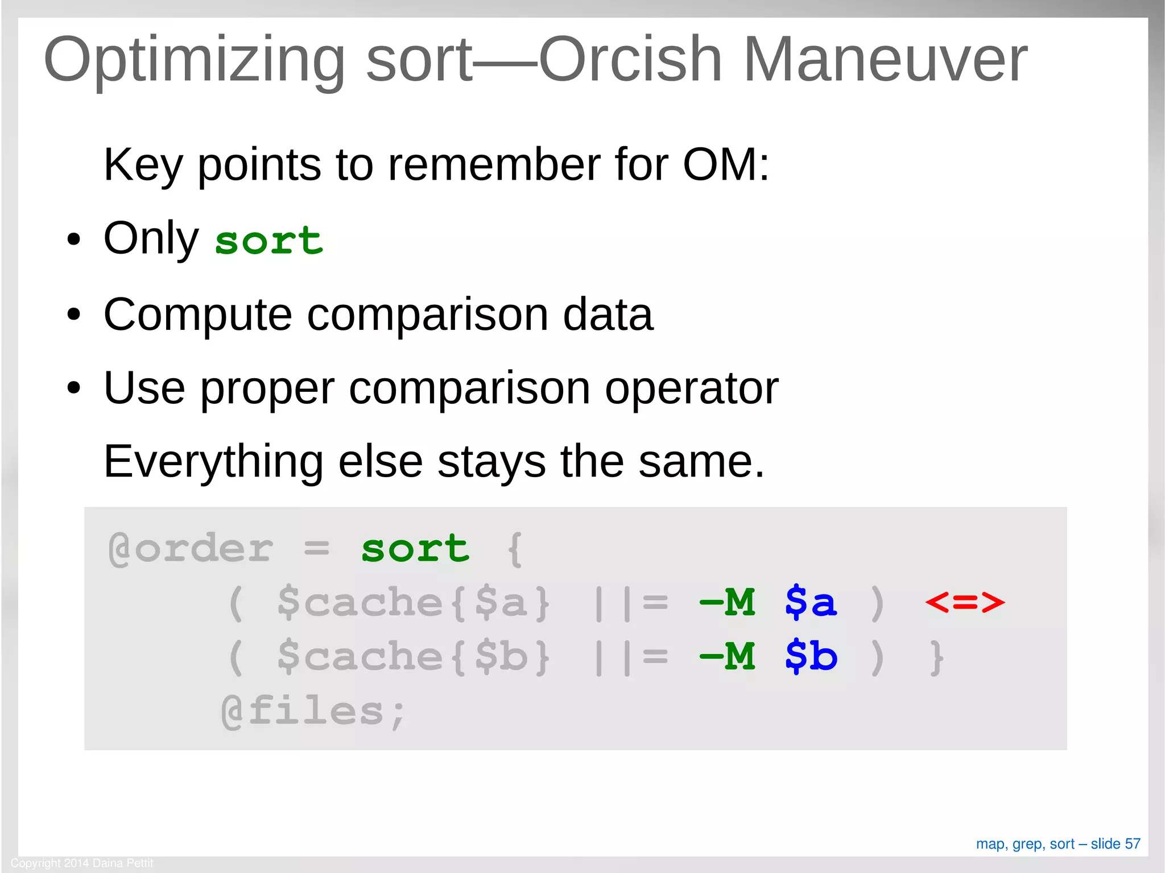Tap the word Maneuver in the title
pos(885,60)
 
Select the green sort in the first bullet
pos(269,241)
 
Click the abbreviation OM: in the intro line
pos(725,165)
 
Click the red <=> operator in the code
pos(965,602)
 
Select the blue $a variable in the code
pos(811,602)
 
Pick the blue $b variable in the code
pos(811,656)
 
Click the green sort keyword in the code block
pos(415,549)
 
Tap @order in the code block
pos(191,549)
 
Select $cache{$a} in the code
pos(414,602)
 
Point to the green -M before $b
pos(728,656)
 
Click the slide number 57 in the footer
pos(1133,843)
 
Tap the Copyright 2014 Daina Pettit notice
pos(82,863)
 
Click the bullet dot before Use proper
pos(73,389)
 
